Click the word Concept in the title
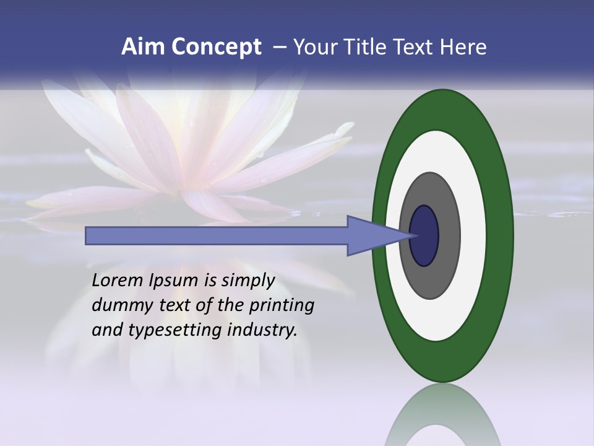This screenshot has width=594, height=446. click(216, 47)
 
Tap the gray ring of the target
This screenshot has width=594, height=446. click(447, 236)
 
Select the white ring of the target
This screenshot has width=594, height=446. click(473, 236)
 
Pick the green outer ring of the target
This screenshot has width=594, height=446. click(500, 236)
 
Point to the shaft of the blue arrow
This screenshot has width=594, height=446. click(217, 236)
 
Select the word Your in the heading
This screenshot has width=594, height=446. click(315, 47)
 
